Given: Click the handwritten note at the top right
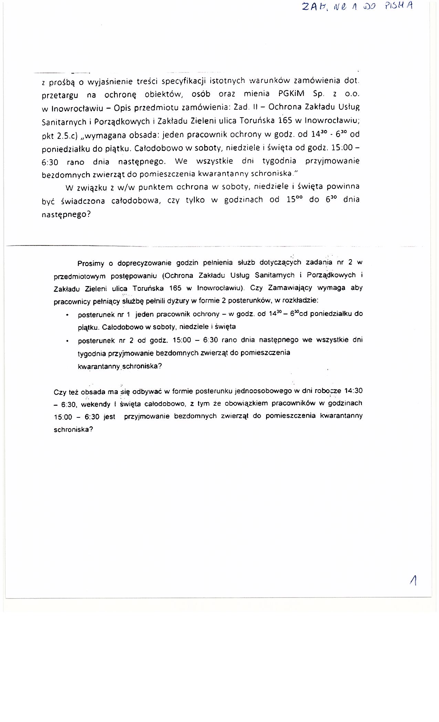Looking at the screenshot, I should [356, 7].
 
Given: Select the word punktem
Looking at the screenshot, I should [153, 188].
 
